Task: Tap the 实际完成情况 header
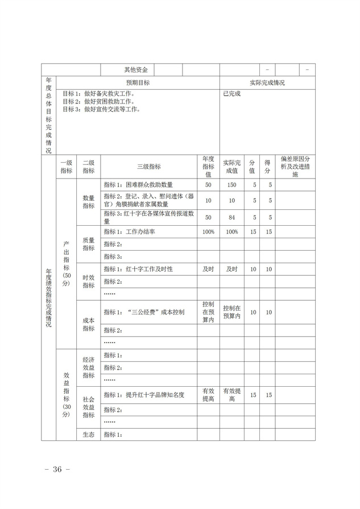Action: [x=267, y=82]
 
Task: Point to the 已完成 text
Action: [x=232, y=93]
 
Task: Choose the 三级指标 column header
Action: [x=149, y=167]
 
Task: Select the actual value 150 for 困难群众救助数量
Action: [x=232, y=185]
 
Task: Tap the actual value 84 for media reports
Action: [x=232, y=217]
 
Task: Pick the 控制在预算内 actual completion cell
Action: [x=232, y=312]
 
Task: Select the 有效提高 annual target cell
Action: [x=208, y=395]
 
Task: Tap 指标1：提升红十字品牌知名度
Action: [x=144, y=395]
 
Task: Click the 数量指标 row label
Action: [x=89, y=201]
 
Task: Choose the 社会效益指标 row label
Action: [x=89, y=407]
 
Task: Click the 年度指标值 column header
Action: [x=208, y=167]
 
